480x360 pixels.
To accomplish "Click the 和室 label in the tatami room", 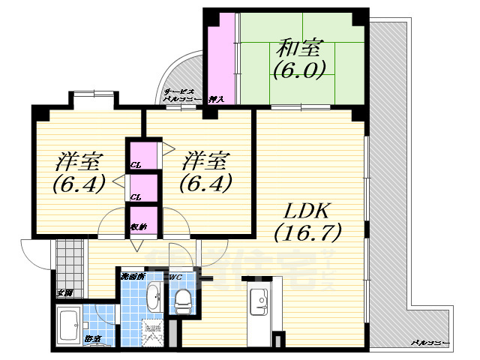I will [298, 49].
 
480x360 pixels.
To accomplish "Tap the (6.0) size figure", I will [298, 71].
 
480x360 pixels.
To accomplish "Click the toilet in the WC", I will [181, 302].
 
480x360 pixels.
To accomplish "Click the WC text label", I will [175, 277].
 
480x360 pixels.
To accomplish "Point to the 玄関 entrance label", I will [64, 293].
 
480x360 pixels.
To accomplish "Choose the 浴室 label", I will [93, 340].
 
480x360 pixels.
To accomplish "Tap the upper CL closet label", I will [136, 164].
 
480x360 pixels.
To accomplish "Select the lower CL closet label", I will [136, 196].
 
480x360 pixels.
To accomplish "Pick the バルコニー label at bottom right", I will [430, 342].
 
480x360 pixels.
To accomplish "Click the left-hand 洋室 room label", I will [79, 160].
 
